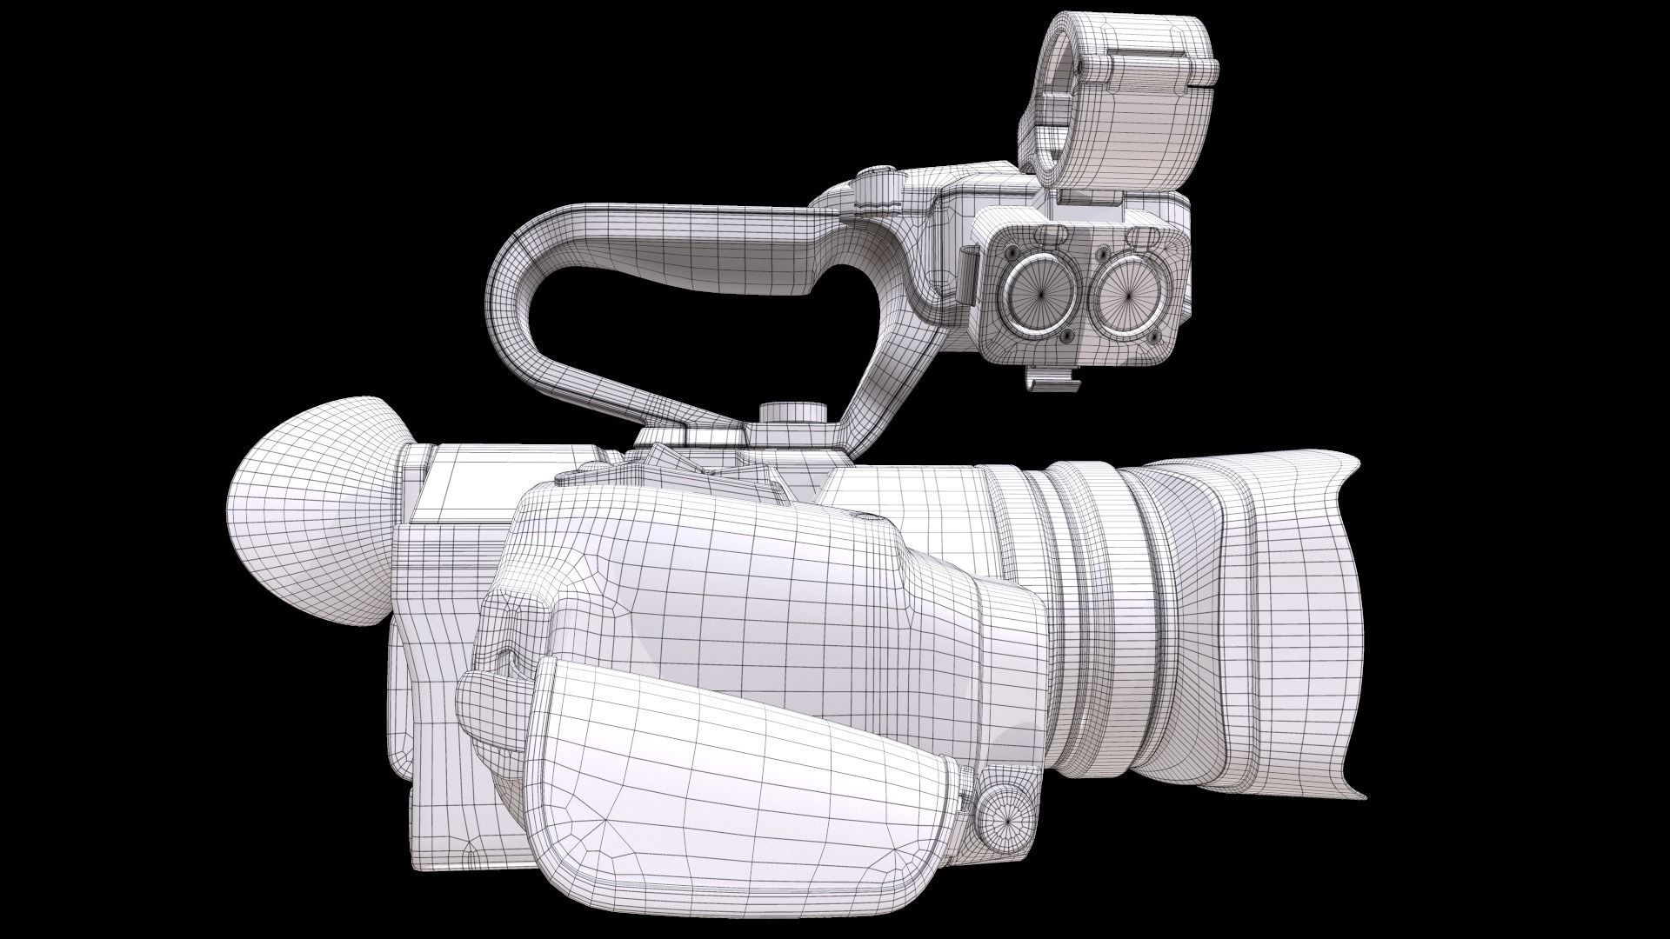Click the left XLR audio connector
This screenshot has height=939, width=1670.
[1039, 292]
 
